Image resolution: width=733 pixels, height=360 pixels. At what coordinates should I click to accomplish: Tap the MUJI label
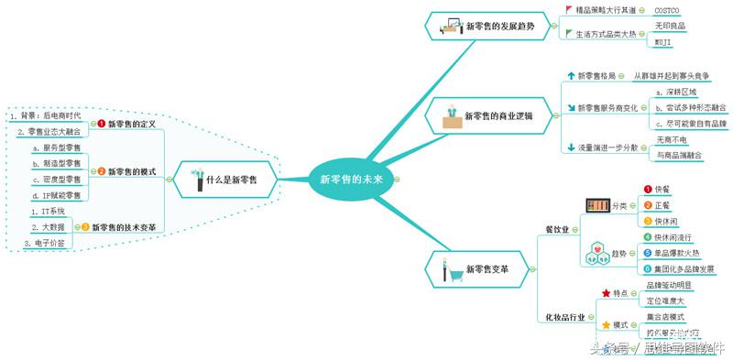point(664,42)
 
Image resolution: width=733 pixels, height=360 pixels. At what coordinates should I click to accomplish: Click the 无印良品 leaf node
point(670,26)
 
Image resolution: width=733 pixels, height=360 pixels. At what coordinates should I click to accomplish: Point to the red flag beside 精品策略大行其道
point(569,10)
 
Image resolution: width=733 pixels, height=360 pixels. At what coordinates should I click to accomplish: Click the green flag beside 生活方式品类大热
point(569,34)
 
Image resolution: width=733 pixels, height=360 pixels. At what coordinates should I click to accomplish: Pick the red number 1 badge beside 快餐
point(648,189)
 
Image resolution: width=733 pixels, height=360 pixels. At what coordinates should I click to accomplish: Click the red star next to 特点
point(605,293)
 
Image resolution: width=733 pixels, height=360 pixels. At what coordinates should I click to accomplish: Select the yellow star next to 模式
point(605,325)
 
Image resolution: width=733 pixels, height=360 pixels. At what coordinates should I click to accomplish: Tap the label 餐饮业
point(557,228)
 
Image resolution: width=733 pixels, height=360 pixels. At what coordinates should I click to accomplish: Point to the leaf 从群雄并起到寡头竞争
point(683,76)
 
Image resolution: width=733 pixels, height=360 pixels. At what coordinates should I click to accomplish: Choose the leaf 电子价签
point(41,243)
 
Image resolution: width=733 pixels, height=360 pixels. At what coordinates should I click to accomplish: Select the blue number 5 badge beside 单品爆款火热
point(648,253)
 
